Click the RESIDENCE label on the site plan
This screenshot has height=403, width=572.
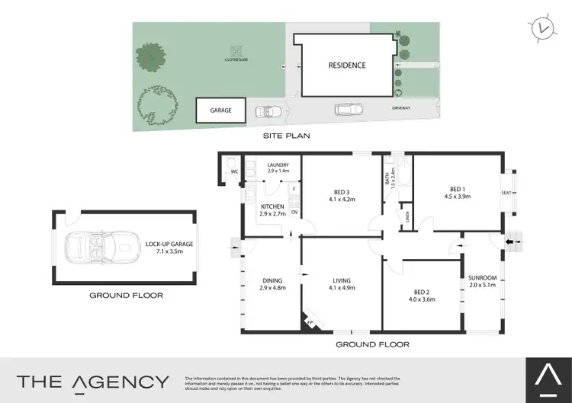pos(347,66)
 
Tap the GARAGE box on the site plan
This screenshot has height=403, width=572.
pos(220,110)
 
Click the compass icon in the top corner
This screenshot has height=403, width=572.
pos(542,28)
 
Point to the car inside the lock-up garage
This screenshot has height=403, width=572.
pos(100,247)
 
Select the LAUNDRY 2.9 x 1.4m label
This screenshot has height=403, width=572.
pos(278,169)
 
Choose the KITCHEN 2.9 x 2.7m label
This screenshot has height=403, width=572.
pos(272,210)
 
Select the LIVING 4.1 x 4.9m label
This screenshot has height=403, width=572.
pos(341,286)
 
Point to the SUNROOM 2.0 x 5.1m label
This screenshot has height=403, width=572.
pos(484,281)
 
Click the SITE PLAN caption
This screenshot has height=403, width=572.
pos(285,136)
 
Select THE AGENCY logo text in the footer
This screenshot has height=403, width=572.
pos(93,382)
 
